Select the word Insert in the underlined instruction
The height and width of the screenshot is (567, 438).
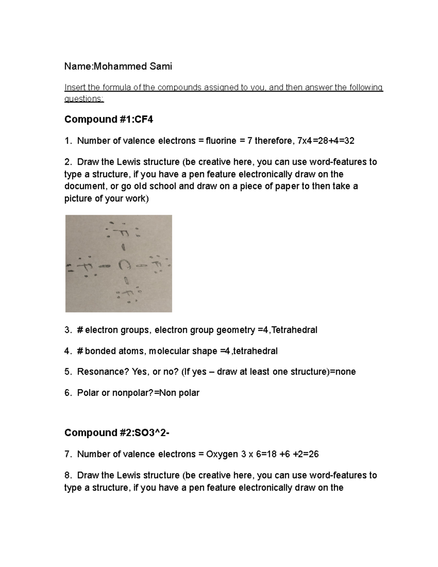(x=75, y=88)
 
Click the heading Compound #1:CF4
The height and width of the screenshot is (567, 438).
(x=108, y=119)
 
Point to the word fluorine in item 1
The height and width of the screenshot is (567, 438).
(x=221, y=141)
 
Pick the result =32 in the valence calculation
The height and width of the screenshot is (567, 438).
(x=346, y=141)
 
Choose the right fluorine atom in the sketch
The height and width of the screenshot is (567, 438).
(x=156, y=264)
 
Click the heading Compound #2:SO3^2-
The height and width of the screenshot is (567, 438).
(x=117, y=433)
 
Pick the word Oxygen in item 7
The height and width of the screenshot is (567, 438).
(x=222, y=454)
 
